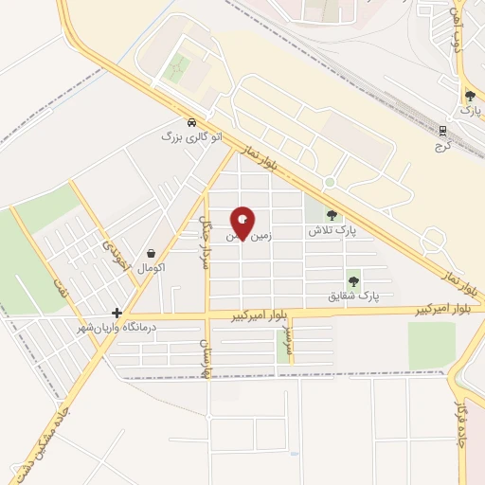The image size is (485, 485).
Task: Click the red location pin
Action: pyautogui.click(x=242, y=224)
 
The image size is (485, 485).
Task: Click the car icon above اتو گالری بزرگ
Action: pyautogui.click(x=192, y=123)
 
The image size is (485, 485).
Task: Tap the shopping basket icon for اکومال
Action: pyautogui.click(x=152, y=253)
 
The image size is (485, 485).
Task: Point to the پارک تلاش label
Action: pyautogui.click(x=331, y=230)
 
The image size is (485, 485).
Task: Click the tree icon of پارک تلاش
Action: pyautogui.click(x=331, y=215)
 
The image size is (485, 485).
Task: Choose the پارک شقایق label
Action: pyautogui.click(x=352, y=296)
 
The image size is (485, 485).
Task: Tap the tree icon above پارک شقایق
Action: pyautogui.click(x=353, y=280)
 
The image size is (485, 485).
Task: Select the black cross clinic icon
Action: pyautogui.click(x=117, y=313)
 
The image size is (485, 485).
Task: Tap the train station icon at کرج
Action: pyautogui.click(x=441, y=131)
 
